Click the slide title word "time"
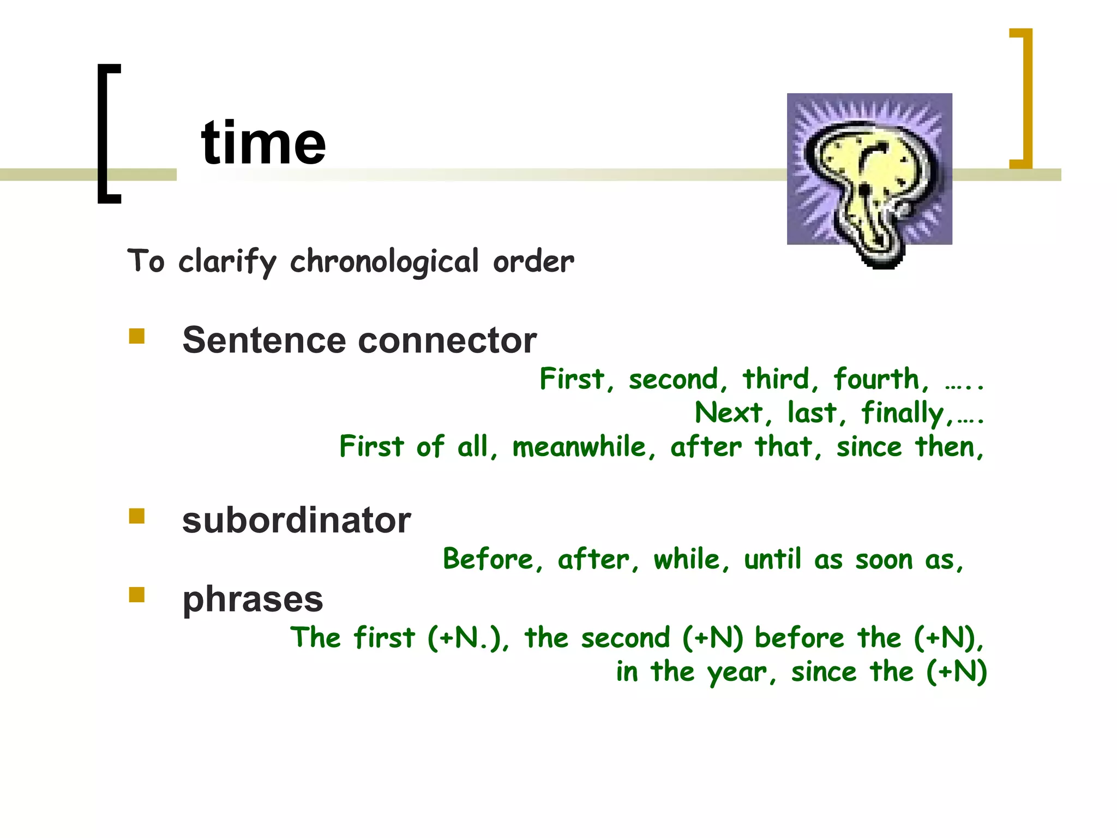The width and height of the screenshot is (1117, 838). coord(263,143)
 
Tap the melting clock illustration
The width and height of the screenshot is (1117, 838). coord(869,175)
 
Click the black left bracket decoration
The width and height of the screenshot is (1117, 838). coord(107,134)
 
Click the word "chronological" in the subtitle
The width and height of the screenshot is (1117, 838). coord(384,262)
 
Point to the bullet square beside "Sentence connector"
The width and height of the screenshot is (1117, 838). coord(137,336)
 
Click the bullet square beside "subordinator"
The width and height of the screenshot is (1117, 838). coord(137,516)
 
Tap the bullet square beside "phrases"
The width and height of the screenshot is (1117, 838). coord(137,595)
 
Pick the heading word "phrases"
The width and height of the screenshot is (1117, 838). coord(253,600)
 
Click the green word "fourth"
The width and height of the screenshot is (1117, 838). coord(880,379)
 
